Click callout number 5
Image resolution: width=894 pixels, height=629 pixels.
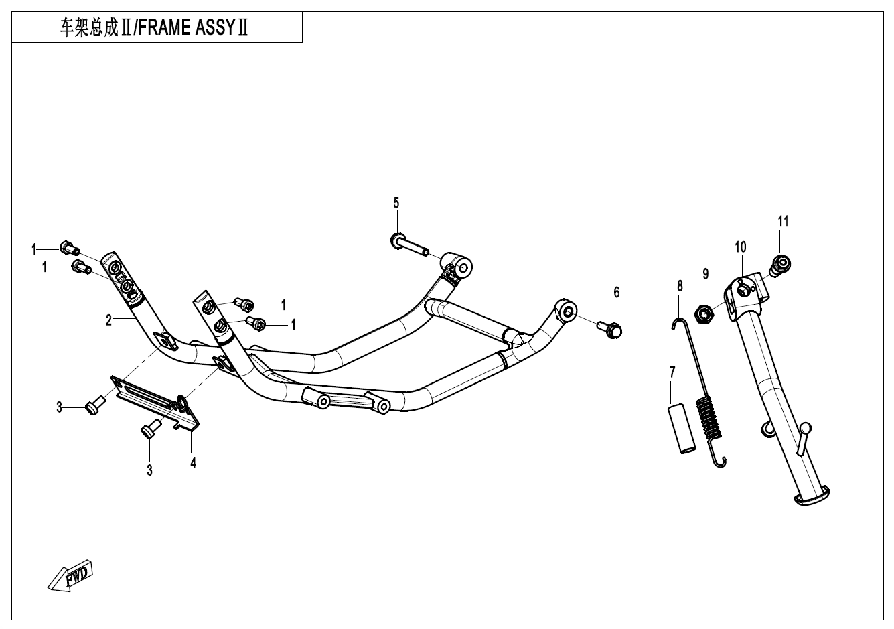pyautogui.click(x=396, y=203)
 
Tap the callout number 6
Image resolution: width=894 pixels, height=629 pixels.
pyautogui.click(x=617, y=292)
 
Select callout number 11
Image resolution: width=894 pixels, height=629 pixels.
pyautogui.click(x=783, y=221)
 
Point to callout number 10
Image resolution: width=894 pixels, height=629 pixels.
pyautogui.click(x=740, y=247)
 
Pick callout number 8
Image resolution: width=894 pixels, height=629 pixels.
pyautogui.click(x=680, y=286)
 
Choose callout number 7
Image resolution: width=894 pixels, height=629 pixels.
pyautogui.click(x=672, y=372)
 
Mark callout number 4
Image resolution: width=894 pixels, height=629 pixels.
pyautogui.click(x=193, y=462)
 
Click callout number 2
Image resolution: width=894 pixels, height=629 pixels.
pyautogui.click(x=108, y=320)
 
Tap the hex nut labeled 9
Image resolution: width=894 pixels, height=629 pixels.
pyautogui.click(x=704, y=312)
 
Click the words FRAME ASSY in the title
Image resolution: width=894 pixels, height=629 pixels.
pyautogui.click(x=181, y=29)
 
